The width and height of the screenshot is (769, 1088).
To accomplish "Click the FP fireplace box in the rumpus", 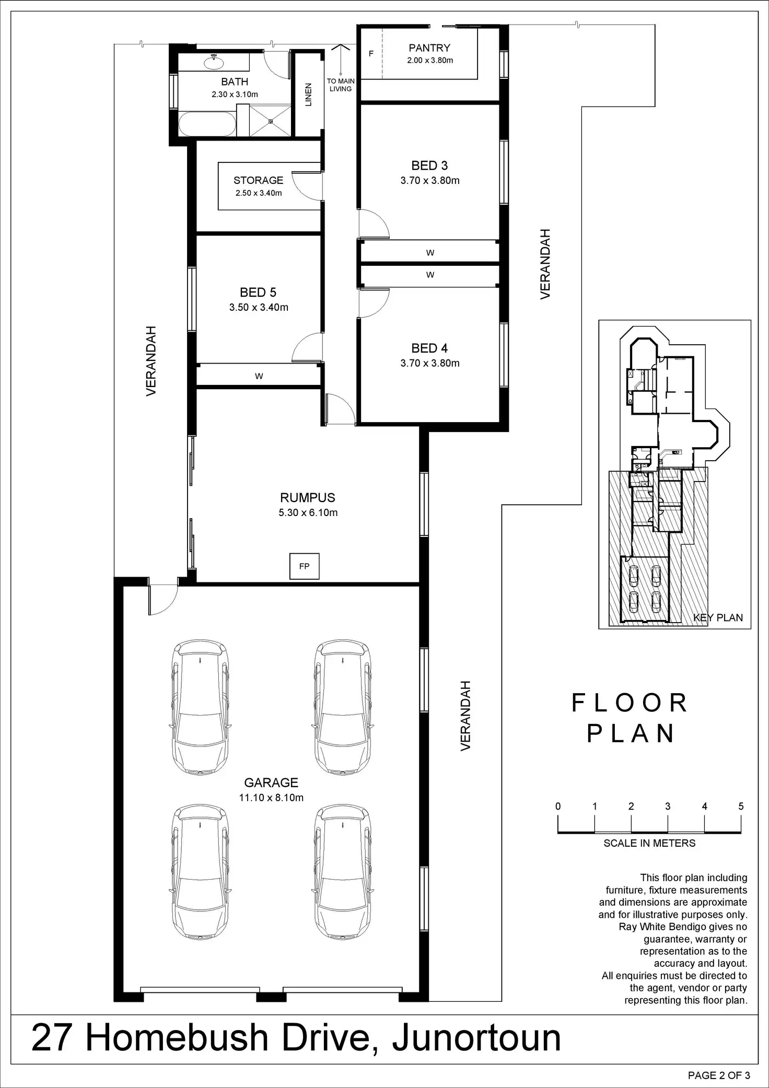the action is pyautogui.click(x=304, y=566).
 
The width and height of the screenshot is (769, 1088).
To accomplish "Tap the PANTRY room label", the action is pyautogui.click(x=429, y=48).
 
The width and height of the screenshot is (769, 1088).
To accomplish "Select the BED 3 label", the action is pyautogui.click(x=429, y=166).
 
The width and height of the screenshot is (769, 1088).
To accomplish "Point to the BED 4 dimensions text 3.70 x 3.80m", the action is pyautogui.click(x=430, y=363).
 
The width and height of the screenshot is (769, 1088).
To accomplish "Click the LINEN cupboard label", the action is pyautogui.click(x=308, y=95).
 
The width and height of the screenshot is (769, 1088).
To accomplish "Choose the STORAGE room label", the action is pyautogui.click(x=258, y=180).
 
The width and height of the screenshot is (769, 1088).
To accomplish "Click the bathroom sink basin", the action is pyautogui.click(x=214, y=63).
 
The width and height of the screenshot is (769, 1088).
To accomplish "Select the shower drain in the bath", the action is pyautogui.click(x=271, y=121).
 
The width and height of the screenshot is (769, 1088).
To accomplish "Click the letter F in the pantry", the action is pyautogui.click(x=371, y=54).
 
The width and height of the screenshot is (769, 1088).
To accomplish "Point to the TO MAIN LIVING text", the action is pyautogui.click(x=341, y=85).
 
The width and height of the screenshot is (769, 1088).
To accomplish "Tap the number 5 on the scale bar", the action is pyautogui.click(x=741, y=806).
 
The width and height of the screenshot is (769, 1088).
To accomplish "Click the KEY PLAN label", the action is pyautogui.click(x=718, y=617).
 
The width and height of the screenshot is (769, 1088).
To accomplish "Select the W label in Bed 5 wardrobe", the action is pyautogui.click(x=259, y=376).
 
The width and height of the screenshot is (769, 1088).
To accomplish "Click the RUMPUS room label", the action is pyautogui.click(x=308, y=498).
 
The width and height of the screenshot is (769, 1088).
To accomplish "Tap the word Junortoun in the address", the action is pyautogui.click(x=476, y=1037).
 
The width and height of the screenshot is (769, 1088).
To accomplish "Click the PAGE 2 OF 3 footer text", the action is pyautogui.click(x=719, y=1075).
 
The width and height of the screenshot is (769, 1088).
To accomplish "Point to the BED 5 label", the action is pyautogui.click(x=258, y=293).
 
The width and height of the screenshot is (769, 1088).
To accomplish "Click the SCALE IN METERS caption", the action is pyautogui.click(x=649, y=843).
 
